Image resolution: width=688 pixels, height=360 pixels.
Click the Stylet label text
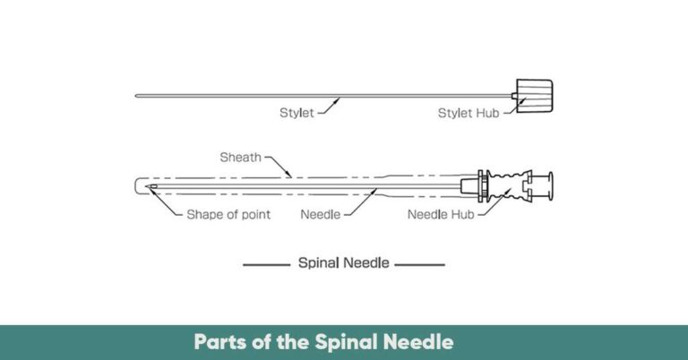point(296,113)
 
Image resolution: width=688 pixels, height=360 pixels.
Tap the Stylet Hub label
point(468,113)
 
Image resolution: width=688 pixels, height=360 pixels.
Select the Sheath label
point(240,158)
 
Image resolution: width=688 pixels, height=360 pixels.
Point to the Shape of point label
point(228,214)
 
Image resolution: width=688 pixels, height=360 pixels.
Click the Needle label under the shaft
point(320,214)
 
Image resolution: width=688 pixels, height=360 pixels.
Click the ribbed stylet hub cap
point(536,91)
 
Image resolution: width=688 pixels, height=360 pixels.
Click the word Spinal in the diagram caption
point(319,264)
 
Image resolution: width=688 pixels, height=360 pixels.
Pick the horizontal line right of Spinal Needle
point(419,265)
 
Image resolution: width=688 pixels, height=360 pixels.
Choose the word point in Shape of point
point(255,214)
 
